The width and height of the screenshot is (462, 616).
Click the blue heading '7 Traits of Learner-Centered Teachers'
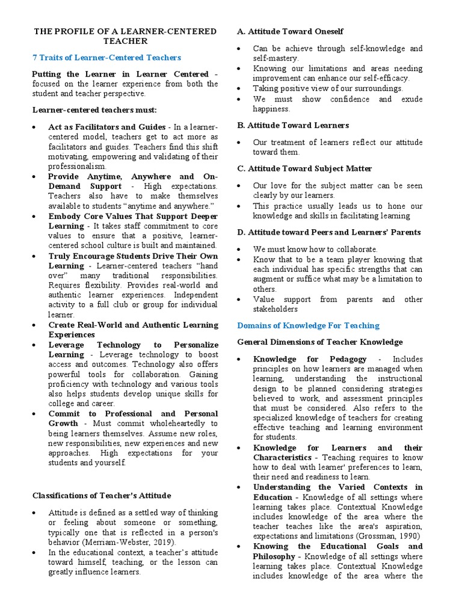[x=106, y=58]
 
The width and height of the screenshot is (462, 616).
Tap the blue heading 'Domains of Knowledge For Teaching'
[x=309, y=325]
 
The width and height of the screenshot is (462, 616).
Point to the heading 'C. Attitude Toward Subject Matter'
[x=304, y=168]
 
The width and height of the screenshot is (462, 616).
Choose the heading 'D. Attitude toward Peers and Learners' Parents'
[x=329, y=232]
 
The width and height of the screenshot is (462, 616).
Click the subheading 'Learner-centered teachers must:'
[x=94, y=110]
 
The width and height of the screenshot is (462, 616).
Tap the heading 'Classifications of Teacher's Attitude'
[x=102, y=496]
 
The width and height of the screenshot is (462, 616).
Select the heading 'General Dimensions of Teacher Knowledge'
[x=320, y=342]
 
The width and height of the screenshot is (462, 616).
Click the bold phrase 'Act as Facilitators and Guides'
[x=107, y=128]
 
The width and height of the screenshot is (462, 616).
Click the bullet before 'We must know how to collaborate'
[x=241, y=249]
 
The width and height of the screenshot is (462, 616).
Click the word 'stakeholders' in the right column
[x=275, y=309]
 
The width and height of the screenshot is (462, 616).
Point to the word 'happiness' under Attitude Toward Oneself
[x=271, y=109]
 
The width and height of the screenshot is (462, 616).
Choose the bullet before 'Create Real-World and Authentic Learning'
[x=36, y=325]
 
